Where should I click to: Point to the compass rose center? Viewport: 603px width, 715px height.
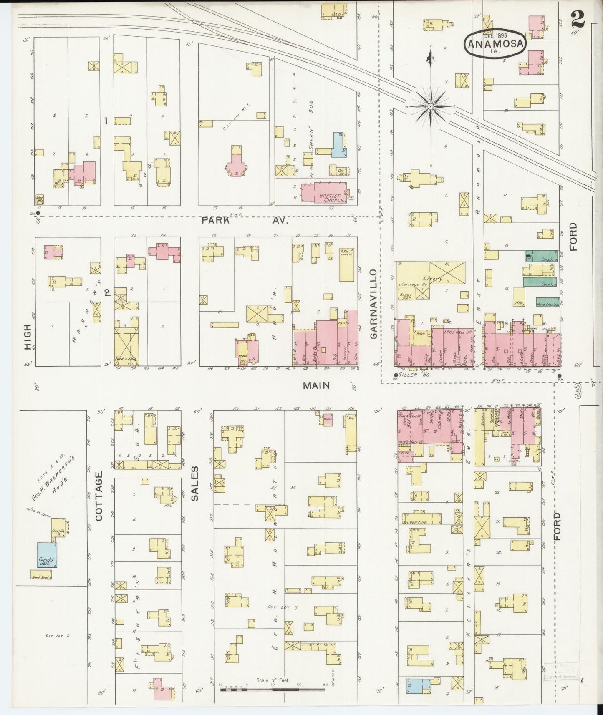(430, 107)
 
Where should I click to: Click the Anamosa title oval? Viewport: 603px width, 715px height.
(495, 42)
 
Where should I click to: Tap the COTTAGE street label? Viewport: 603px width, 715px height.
(98, 496)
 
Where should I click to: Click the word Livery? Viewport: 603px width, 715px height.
(432, 278)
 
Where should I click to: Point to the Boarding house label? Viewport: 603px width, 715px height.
(418, 522)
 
